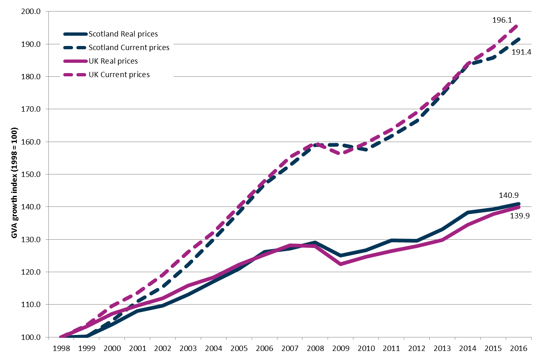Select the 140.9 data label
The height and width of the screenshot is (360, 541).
pyautogui.click(x=509, y=195)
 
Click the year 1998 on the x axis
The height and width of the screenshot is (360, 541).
pyautogui.click(x=62, y=348)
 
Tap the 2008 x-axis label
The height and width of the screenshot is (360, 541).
pyautogui.click(x=316, y=348)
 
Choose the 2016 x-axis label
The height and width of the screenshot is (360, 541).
pyautogui.click(x=519, y=348)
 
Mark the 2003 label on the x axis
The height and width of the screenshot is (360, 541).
pyautogui.click(x=188, y=348)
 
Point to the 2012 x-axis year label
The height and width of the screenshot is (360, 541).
pyautogui.click(x=417, y=348)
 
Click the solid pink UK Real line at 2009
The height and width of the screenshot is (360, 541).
pyautogui.click(x=341, y=264)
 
